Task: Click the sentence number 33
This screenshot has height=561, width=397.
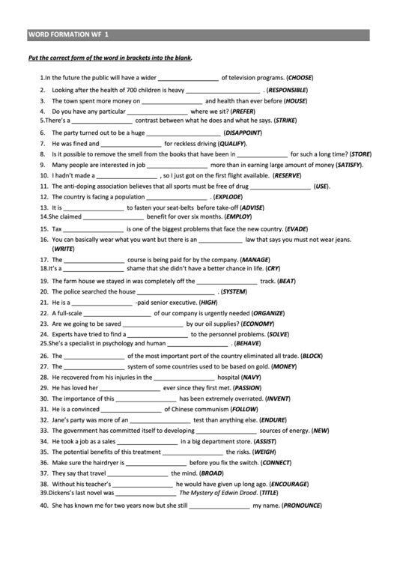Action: tap(44, 431)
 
